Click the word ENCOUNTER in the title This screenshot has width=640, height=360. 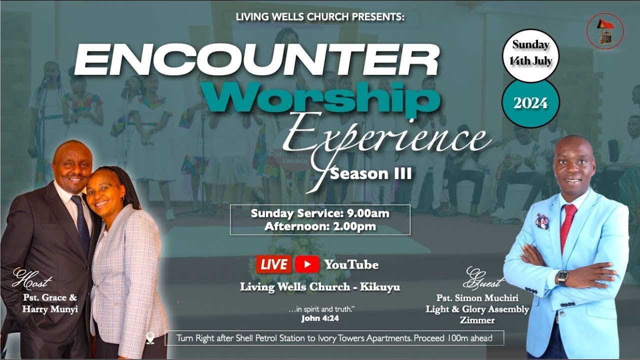point(256,60)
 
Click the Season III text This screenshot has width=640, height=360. point(371,174)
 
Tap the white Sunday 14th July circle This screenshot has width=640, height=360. point(530,53)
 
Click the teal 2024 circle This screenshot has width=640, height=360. point(530,103)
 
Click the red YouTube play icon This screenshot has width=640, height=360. point(307,264)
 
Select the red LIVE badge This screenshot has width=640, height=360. point(273,264)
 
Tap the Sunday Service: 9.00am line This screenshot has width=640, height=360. point(320,213)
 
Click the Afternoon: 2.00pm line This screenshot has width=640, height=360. point(320,226)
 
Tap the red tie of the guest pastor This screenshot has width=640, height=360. point(567,225)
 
